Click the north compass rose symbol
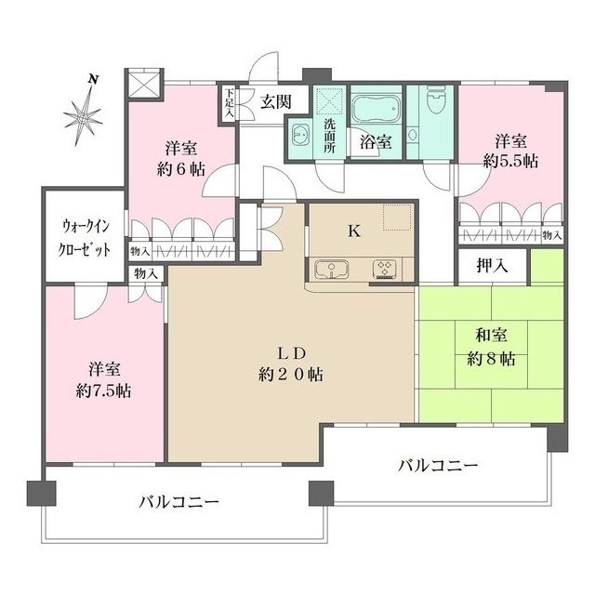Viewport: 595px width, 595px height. [x=84, y=115]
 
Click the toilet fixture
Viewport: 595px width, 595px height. [x=434, y=105]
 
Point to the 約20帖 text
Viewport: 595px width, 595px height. [x=291, y=375]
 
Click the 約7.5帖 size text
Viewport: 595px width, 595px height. [x=104, y=390]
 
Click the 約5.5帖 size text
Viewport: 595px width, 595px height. [x=510, y=160]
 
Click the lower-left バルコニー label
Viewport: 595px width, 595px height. [x=179, y=502]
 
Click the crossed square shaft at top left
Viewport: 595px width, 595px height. [x=147, y=83]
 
